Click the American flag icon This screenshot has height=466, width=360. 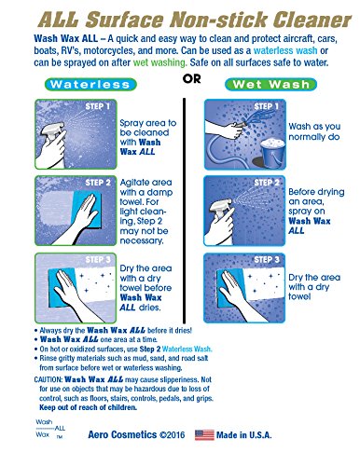(x=204, y=434)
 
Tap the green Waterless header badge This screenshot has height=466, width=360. (x=90, y=85)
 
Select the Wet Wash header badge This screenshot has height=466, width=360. (x=270, y=85)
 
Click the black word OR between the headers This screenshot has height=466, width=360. (x=192, y=79)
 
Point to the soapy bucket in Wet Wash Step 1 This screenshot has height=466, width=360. (x=272, y=153)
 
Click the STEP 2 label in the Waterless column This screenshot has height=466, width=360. (x=98, y=183)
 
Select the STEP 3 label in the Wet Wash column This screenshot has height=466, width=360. (x=267, y=260)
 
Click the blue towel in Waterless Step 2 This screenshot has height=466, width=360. (x=87, y=210)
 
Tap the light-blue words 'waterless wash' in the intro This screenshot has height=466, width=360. (x=285, y=50)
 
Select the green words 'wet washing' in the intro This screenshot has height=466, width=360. (x=159, y=62)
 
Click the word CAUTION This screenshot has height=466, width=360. (x=48, y=379)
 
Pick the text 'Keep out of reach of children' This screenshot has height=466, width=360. (x=88, y=407)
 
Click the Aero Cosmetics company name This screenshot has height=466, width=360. (x=122, y=434)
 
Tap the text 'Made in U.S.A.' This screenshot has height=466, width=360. (x=244, y=434)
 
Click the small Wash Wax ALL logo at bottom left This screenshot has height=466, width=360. (x=50, y=429)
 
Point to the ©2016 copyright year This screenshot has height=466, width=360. (x=173, y=434)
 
